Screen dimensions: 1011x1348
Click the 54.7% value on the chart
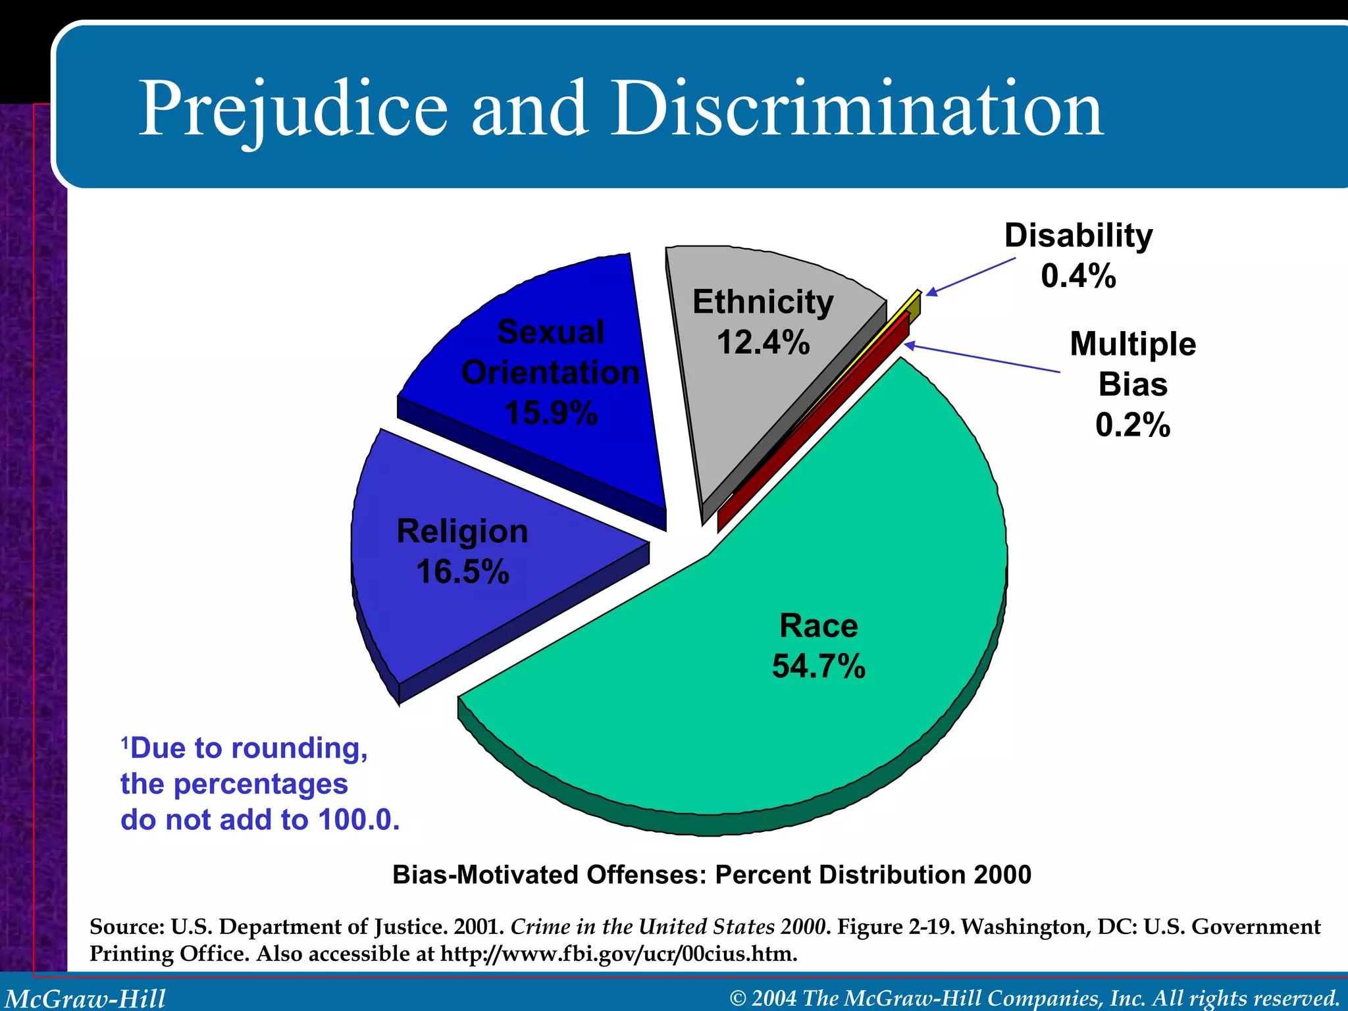pos(818,666)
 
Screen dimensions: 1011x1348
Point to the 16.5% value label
pos(463,571)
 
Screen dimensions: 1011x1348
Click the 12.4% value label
pos(763,343)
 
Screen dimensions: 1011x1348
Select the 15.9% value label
pos(551,413)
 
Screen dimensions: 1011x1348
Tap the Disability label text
pos(1078,236)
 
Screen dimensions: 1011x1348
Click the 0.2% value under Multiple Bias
pos(1133,425)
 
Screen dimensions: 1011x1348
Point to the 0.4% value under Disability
pos(1078,276)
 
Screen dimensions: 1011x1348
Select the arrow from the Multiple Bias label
pos(981,357)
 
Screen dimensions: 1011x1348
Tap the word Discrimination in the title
pos(856,109)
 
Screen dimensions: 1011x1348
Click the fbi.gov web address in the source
pos(619,954)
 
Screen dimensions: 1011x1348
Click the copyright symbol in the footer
pos(738,998)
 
